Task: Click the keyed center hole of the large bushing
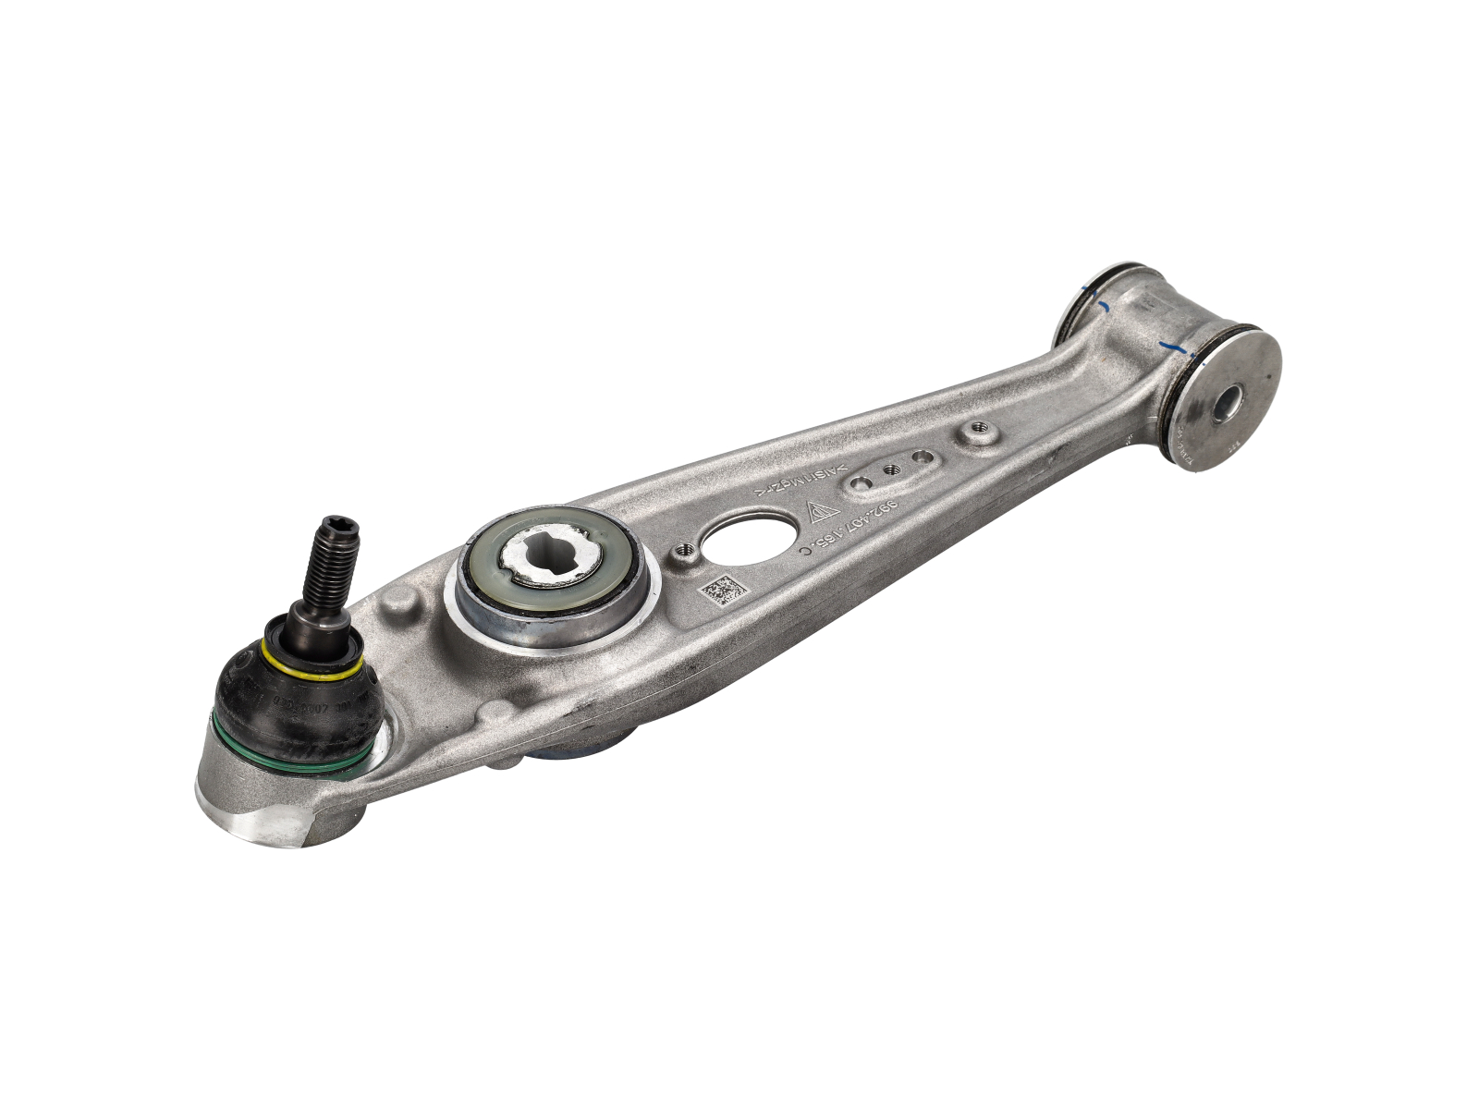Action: [x=551, y=560]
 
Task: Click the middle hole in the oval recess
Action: [x=892, y=469]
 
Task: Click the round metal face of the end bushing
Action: [x=1239, y=397]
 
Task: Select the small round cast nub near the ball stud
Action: [x=402, y=611]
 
